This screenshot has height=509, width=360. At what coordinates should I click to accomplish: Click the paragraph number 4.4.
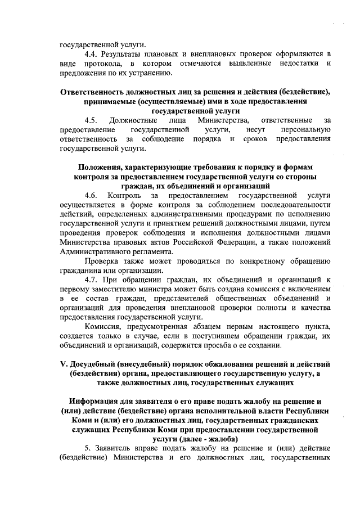92,53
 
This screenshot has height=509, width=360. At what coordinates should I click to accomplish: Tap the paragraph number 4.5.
92,120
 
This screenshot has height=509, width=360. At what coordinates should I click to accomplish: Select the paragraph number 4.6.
92,195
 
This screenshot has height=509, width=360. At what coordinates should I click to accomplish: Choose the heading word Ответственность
102,92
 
